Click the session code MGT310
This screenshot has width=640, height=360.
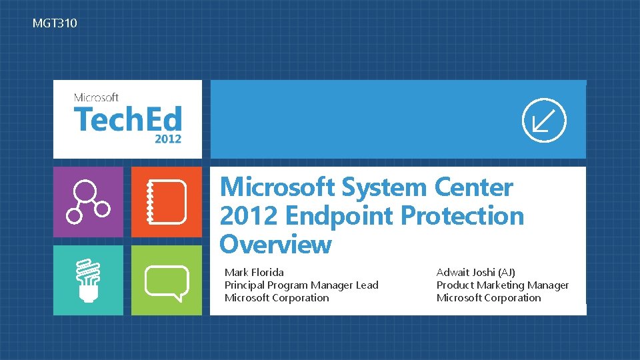click(55, 23)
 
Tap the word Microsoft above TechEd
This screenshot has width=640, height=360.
click(96, 97)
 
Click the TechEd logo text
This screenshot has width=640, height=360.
click(128, 119)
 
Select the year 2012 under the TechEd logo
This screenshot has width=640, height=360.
click(168, 139)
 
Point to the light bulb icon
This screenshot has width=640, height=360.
click(88, 281)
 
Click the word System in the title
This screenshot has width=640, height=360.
click(384, 188)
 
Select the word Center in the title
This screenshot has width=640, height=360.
click(473, 187)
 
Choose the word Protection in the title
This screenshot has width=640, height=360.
click(463, 215)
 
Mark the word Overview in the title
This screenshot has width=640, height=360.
click(275, 245)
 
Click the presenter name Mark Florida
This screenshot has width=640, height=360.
click(254, 272)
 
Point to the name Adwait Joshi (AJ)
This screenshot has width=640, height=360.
click(475, 272)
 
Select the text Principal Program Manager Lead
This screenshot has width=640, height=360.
click(301, 285)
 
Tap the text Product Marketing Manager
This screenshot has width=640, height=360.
click(503, 285)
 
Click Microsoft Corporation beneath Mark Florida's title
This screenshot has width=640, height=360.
click(277, 298)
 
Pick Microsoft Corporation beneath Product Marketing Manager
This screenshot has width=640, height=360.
click(489, 298)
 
